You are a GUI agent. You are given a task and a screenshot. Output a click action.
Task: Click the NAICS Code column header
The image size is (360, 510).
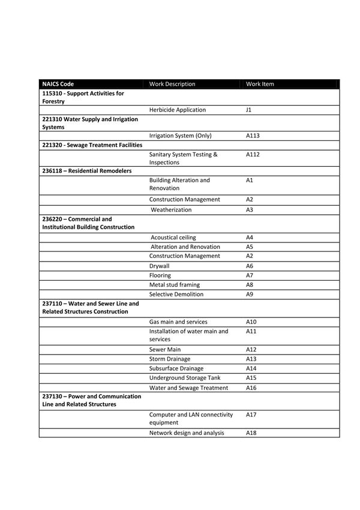click(58, 84)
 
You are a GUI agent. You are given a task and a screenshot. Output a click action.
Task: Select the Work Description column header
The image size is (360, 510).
click(172, 84)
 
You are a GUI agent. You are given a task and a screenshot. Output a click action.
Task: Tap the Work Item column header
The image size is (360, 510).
click(260, 84)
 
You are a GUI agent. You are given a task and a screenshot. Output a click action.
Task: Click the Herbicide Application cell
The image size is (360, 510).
click(178, 110)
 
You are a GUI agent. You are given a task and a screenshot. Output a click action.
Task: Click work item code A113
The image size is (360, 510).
click(253, 136)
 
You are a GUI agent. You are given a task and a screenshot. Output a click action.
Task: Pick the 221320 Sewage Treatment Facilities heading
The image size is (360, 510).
click(92, 145)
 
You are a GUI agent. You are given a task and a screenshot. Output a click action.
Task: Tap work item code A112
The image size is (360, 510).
click(253, 155)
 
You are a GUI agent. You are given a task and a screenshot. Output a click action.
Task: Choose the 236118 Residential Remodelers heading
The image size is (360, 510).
click(87, 171)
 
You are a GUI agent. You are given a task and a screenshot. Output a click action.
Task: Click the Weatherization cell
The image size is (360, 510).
click(171, 210)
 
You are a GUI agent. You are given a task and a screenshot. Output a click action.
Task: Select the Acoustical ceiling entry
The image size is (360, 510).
click(173, 238)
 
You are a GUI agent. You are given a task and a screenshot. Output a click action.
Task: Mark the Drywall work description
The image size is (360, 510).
click(160, 266)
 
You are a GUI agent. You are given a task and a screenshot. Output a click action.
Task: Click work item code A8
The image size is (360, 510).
click(250, 285)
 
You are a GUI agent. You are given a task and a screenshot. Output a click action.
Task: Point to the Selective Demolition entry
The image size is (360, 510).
click(176, 295)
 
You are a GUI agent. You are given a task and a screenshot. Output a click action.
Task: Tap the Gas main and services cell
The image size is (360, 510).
click(178, 322)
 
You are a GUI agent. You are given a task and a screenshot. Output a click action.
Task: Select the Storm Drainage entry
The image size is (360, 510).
click(170, 359)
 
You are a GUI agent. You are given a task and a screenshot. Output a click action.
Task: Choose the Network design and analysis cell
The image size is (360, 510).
click(187, 433)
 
